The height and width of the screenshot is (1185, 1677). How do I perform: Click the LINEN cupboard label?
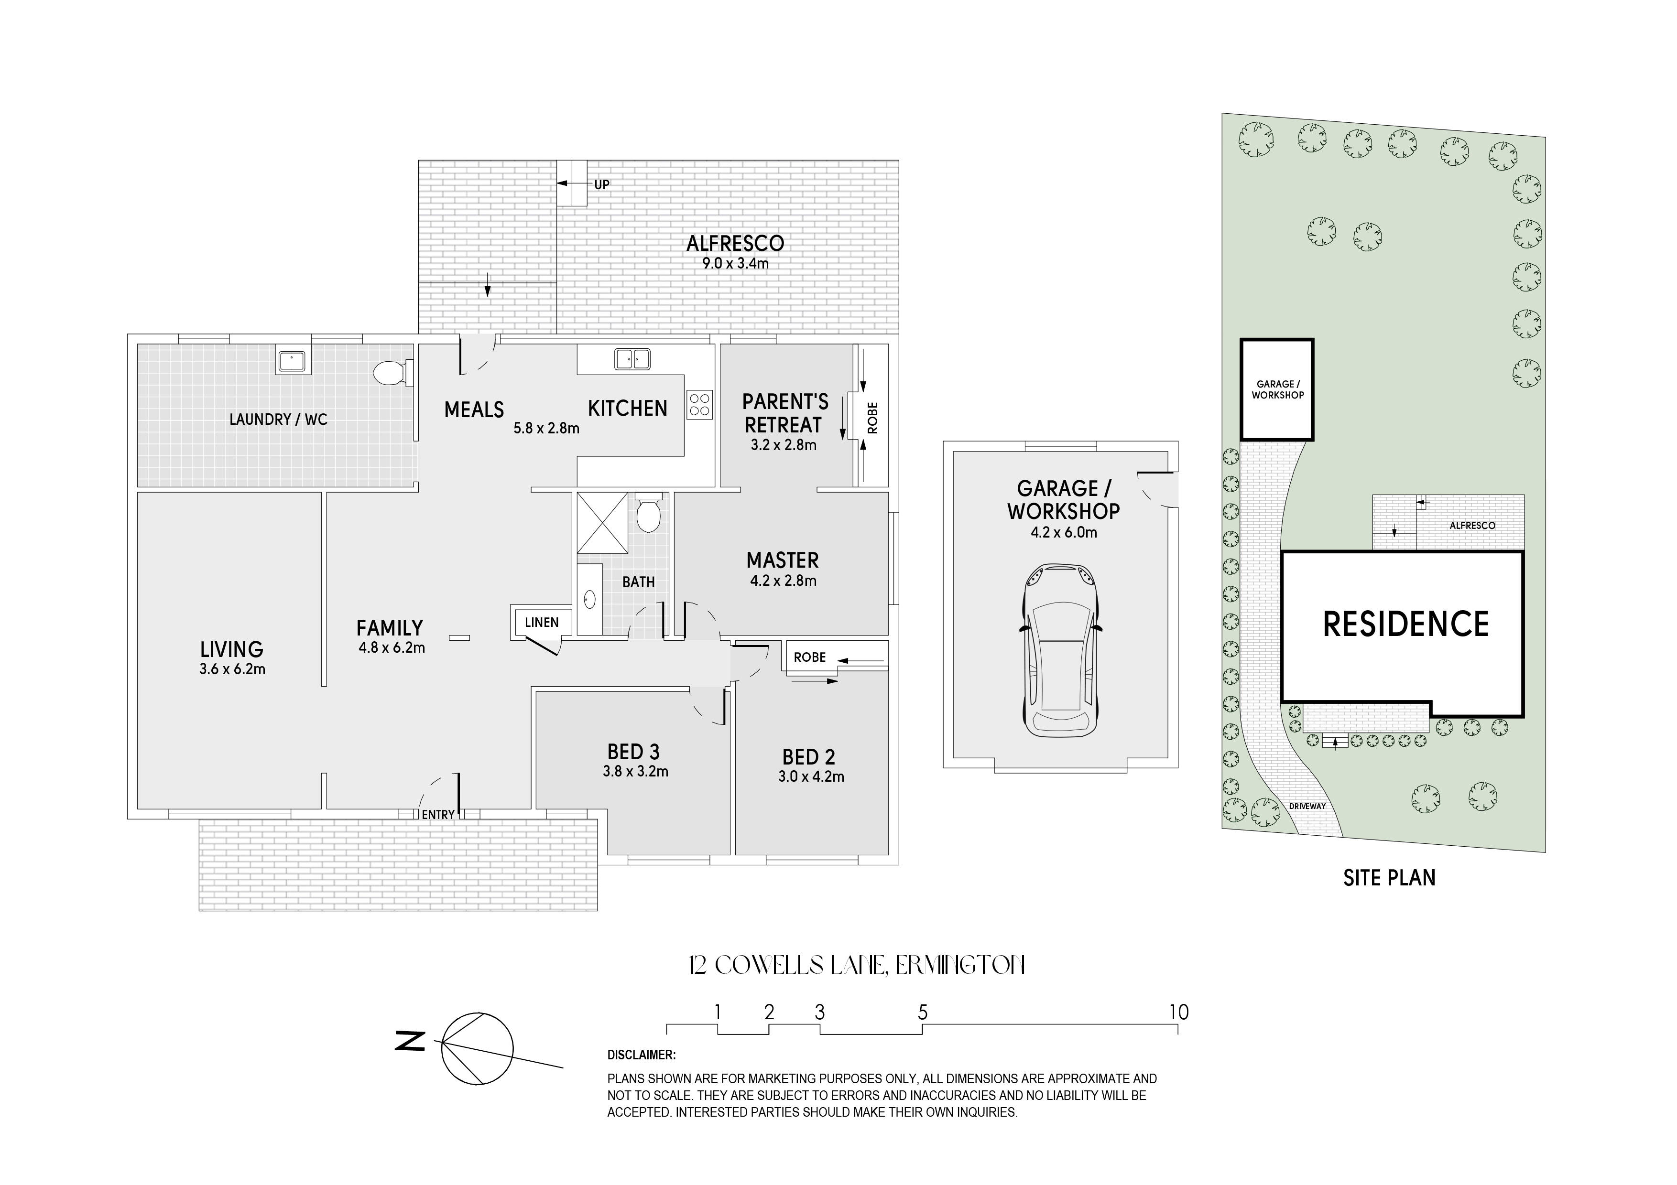541,623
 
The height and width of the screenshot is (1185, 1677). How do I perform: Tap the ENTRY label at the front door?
438,814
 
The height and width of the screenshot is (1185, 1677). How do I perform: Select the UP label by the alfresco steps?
602,185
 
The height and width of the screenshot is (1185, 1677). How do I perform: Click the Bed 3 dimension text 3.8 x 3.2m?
635,771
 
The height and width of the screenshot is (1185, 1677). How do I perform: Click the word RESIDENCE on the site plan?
1406,624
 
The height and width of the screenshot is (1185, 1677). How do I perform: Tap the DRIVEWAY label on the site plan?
1307,806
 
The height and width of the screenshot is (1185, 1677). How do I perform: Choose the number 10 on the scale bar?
1179,1012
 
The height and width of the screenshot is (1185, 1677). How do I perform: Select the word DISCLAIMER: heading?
641,1055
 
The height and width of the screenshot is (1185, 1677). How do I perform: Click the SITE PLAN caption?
1389,878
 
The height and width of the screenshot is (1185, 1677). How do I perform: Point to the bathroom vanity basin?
589,600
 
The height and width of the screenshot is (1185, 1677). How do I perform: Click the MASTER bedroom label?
782,561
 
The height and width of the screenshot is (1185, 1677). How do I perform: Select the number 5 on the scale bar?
923,1012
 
